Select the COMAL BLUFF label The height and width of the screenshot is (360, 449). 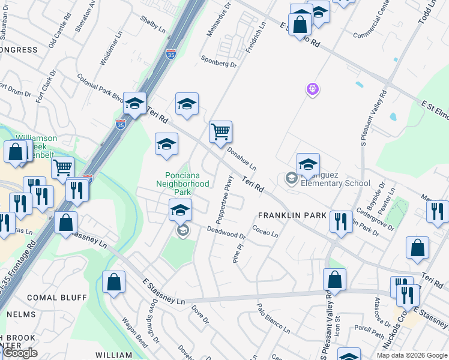[50, 298]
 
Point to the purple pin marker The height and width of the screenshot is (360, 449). [312, 89]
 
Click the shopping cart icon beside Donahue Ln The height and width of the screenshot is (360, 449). [221, 131]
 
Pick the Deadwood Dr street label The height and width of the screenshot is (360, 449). [226, 232]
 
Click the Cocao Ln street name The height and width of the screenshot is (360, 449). [265, 232]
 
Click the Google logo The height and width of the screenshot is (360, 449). [20, 353]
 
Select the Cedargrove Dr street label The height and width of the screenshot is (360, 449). [374, 220]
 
